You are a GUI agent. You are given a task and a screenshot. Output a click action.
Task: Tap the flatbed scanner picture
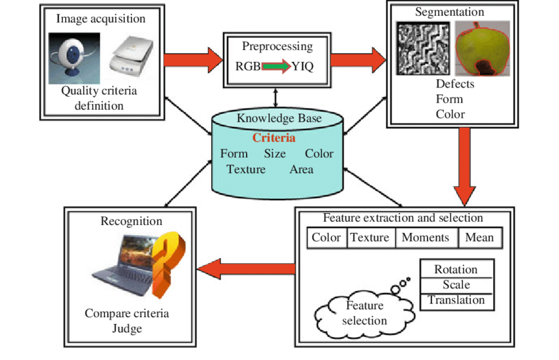[131, 57]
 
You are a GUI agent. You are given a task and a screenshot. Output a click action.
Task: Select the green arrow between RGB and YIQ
[276, 66]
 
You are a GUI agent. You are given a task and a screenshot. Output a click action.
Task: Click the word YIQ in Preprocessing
[303, 66]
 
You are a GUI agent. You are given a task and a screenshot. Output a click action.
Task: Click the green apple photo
[482, 49]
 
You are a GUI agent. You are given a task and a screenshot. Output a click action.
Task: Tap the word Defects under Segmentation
[454, 84]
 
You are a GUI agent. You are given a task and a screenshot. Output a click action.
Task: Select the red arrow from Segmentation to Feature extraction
[465, 165]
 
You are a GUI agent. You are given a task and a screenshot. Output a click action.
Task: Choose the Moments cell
[425, 238]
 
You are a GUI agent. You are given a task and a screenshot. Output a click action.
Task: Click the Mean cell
[479, 238]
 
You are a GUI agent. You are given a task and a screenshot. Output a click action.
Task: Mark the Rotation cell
[456, 270]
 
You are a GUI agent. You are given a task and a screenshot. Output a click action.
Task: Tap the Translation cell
[456, 301]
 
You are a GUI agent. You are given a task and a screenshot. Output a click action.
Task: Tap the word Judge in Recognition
[127, 328]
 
